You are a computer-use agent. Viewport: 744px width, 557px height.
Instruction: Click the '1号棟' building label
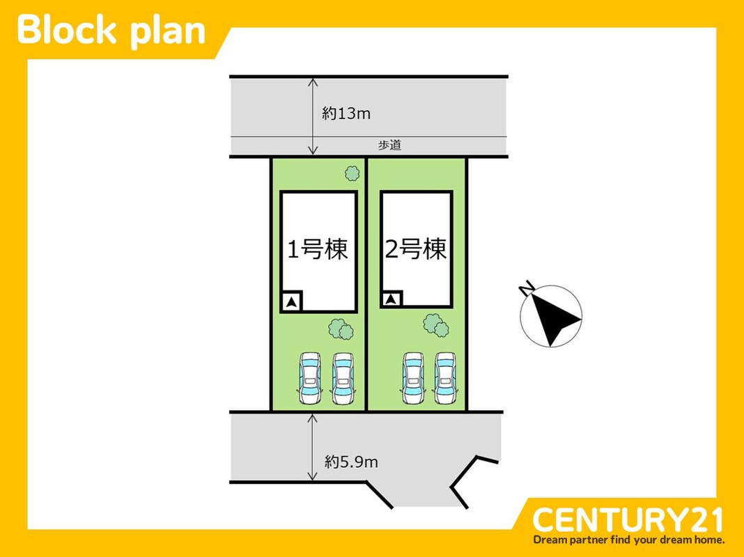pos(318,249)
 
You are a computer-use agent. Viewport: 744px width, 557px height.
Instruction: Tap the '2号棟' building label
pos(416,249)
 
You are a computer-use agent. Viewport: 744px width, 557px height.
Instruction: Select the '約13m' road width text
pos(346,113)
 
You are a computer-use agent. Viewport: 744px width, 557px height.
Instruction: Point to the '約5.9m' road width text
pos(351,461)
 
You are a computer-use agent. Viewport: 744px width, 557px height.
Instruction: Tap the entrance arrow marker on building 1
pos(292,301)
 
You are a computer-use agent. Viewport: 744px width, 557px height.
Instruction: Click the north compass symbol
pos(552,317)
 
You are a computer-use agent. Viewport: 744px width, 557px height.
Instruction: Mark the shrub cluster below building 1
pos(340,328)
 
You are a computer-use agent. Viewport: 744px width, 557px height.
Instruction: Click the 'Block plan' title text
pos(111,31)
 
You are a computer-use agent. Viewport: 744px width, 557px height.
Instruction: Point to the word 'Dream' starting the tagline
pos(550,540)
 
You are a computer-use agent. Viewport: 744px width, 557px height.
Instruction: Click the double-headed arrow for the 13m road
pos(313,116)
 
